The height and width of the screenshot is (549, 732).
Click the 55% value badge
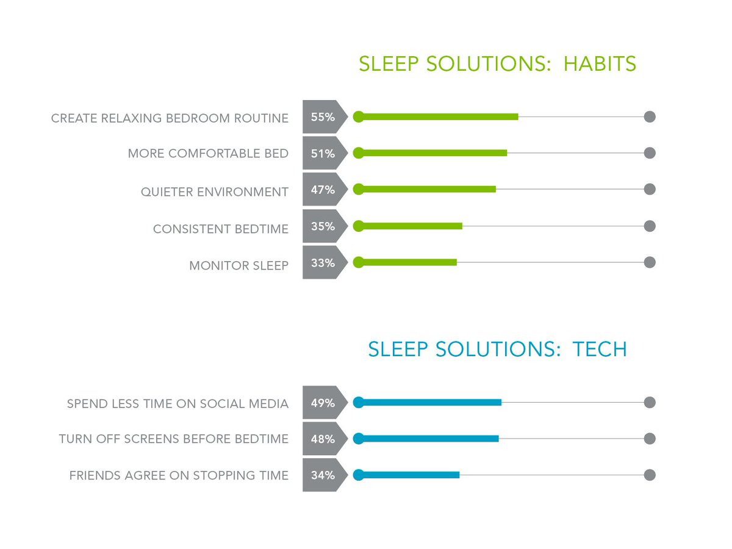point(323,117)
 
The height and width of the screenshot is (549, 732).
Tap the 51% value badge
point(323,154)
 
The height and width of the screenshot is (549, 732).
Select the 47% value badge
point(323,190)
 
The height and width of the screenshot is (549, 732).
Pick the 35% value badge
point(323,226)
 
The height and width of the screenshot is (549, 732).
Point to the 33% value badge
point(323,263)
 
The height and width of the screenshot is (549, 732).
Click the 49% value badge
point(323,403)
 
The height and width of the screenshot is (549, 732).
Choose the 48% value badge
point(323,439)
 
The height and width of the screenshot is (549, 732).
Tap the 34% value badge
point(323,475)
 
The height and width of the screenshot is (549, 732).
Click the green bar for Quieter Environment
point(427,189)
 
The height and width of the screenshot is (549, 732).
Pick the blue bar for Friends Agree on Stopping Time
point(409,475)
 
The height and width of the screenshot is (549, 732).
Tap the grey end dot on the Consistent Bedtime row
point(650,226)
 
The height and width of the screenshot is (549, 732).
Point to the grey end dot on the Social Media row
point(650,403)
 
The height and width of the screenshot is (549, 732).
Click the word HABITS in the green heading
point(600,64)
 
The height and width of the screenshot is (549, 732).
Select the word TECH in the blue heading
point(600,350)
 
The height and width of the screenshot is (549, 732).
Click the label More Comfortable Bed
point(208,154)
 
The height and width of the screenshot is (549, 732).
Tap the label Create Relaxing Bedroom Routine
point(170,118)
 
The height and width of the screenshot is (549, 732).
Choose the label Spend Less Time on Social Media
point(178,404)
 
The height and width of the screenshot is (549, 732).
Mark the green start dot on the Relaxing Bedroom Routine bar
point(359,117)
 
